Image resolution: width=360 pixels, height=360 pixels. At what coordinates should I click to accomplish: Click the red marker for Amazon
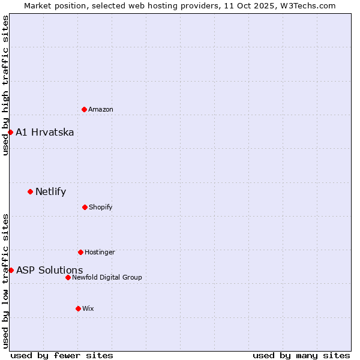coord(84,109)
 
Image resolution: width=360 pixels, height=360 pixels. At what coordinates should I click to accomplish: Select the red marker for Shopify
coord(85,207)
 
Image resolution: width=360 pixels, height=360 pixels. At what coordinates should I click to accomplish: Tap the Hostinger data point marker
coord(80,252)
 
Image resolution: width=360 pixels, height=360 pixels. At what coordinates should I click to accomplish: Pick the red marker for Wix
coord(78,308)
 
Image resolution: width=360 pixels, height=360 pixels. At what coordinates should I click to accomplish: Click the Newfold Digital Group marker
coord(68,277)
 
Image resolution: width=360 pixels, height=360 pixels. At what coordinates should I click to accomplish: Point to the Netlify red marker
coord(30,191)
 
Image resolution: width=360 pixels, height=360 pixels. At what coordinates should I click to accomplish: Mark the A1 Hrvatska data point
coord(10,132)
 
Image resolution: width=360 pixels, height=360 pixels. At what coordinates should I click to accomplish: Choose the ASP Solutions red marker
coord(11,270)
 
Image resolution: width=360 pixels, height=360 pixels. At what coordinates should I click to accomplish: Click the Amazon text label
coord(101,109)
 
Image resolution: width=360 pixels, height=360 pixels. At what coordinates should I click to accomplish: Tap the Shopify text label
coord(101,207)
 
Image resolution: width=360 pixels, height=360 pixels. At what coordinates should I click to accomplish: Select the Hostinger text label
coord(100,252)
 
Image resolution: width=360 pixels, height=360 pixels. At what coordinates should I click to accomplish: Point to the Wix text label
coord(88,308)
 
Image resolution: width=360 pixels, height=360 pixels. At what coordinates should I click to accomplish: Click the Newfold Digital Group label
coord(107,277)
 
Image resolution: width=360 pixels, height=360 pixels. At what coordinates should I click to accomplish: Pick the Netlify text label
coord(51,192)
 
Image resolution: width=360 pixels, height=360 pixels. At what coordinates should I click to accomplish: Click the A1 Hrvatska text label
coord(45,132)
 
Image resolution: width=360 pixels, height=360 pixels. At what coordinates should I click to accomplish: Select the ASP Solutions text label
coord(50,270)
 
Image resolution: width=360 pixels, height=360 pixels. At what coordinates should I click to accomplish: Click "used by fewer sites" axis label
coord(62,355)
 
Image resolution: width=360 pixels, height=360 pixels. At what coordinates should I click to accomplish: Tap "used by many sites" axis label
coord(301,355)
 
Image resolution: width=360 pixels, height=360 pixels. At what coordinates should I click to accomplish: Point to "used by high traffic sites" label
coord(5,86)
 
